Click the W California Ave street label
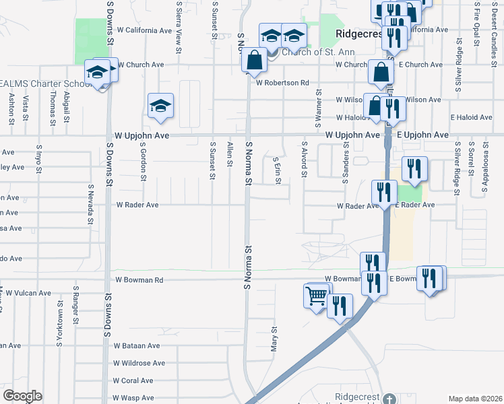pos(144,30)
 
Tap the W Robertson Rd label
pos(282,83)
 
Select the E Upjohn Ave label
pos(422,135)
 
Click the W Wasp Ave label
pos(134,398)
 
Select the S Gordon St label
pos(144,162)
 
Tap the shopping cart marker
pos(317,295)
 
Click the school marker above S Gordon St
pos(161,106)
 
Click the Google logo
pos(22,396)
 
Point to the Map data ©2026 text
pos(475,399)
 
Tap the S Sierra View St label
pos(179,27)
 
